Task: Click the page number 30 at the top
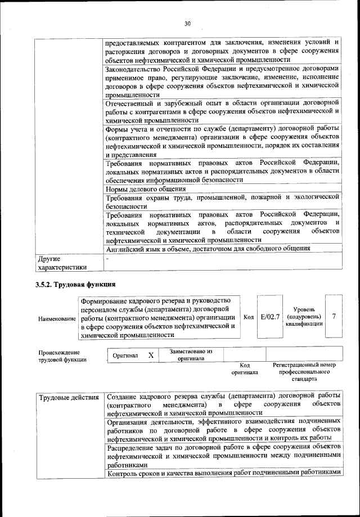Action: (x=188, y=23)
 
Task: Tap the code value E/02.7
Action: (x=270, y=317)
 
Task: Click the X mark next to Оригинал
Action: (x=150, y=356)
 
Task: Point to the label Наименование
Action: (x=57, y=319)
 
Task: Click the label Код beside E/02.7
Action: (x=249, y=317)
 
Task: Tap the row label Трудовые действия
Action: (x=68, y=398)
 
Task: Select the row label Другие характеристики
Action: (x=62, y=263)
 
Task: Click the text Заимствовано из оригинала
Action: (x=190, y=355)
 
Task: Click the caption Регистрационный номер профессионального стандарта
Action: (x=304, y=372)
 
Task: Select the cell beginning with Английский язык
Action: (x=208, y=248)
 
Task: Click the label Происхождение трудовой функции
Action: (x=60, y=356)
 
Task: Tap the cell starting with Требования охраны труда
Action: (x=222, y=201)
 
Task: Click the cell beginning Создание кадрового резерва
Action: (x=223, y=405)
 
